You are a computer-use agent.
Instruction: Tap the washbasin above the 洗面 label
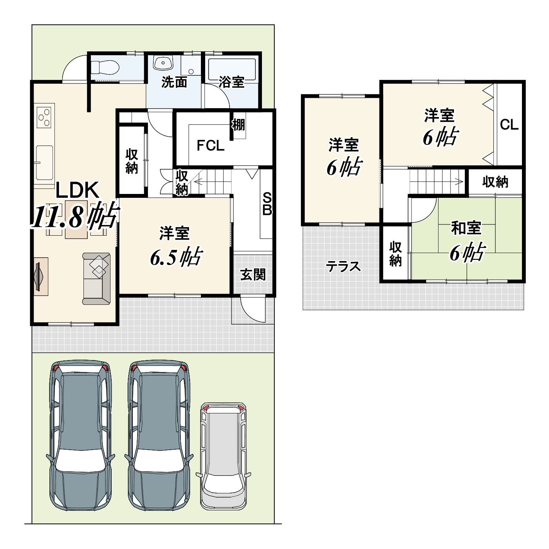tap(163, 63)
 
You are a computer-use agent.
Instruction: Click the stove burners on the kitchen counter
tap(44, 117)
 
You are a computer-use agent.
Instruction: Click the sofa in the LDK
tap(96, 279)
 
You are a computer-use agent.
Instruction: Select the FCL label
tap(211, 146)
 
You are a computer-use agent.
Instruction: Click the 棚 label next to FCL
tap(238, 125)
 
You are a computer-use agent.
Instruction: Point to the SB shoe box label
tap(267, 204)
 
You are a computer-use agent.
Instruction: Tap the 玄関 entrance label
tap(253, 274)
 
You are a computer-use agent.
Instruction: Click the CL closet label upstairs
tap(509, 125)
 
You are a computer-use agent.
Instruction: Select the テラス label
tap(343, 267)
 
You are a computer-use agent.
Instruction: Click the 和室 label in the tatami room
tap(466, 228)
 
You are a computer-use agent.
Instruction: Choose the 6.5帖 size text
tap(176, 257)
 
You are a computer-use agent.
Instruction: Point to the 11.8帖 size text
tap(75, 216)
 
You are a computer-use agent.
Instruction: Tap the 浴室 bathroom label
tap(231, 82)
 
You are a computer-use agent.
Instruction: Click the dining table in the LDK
tap(76, 220)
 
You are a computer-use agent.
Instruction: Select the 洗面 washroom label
tap(174, 82)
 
